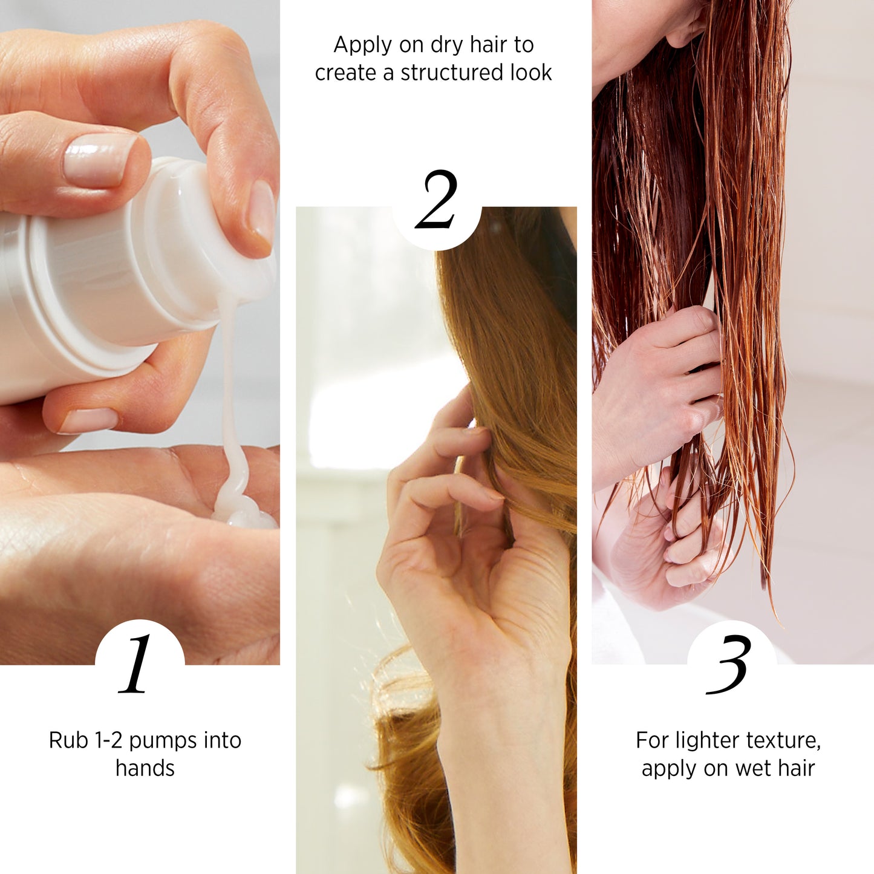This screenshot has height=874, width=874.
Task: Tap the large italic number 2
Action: (436, 200)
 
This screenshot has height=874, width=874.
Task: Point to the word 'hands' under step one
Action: (145, 768)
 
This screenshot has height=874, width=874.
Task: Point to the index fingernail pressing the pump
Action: (262, 211)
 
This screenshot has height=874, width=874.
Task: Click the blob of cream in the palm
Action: (240, 510)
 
